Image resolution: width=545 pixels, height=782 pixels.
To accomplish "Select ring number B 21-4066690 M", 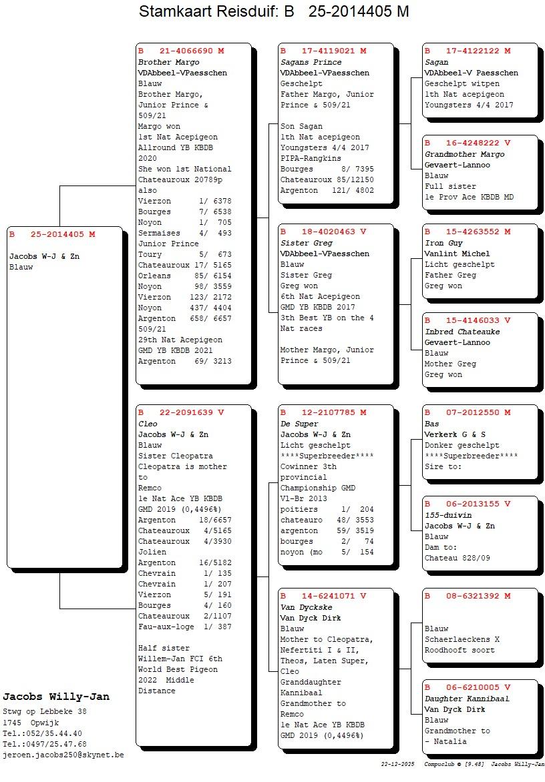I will [x=181, y=51].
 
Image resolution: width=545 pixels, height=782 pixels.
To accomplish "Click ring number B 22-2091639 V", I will [x=181, y=412].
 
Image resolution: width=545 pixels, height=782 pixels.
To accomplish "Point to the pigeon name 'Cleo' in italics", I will [x=148, y=424].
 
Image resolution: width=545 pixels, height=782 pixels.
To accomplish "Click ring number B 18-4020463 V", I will [x=323, y=232].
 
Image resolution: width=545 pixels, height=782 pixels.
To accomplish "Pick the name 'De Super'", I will [x=299, y=424].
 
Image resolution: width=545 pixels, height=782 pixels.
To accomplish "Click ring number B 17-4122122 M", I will [x=468, y=51].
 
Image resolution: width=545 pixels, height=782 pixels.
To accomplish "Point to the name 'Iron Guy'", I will [x=443, y=243].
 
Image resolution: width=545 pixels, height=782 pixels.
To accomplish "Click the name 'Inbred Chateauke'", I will [x=462, y=332].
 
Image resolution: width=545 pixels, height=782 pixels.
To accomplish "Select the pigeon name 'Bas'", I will [x=432, y=424].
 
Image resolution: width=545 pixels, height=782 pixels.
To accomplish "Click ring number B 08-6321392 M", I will [x=468, y=596].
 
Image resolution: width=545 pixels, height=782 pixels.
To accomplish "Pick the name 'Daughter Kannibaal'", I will [x=467, y=699].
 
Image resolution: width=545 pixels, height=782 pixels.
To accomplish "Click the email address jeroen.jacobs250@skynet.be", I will [x=63, y=755].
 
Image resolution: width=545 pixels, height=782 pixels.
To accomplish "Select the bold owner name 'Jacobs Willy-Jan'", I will [x=56, y=697].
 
